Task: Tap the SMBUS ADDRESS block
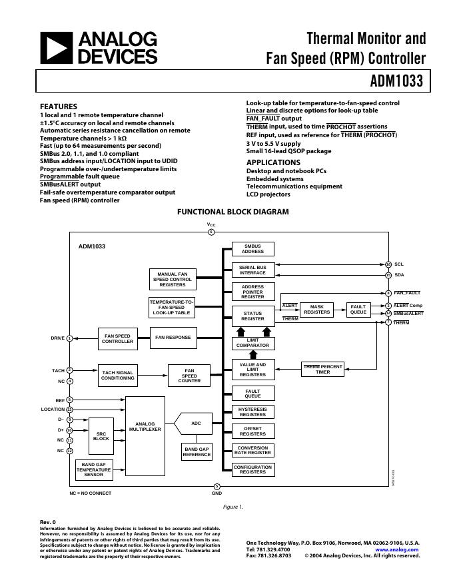[253, 249]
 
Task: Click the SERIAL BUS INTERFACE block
[253, 270]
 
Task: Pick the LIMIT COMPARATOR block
[253, 343]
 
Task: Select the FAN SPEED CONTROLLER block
[117, 338]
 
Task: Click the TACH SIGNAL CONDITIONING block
[117, 375]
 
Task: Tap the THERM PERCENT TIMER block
[322, 369]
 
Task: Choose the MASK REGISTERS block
[316, 310]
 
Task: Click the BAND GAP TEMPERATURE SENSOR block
[93, 469]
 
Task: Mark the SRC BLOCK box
[101, 436]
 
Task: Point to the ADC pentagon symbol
[194, 424]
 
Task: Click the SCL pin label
[399, 264]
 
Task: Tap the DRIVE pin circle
[69, 338]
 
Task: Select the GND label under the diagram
[217, 493]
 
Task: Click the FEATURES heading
[59, 107]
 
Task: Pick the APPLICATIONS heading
[273, 162]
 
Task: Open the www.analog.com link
[402, 549]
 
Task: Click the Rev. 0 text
[48, 522]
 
